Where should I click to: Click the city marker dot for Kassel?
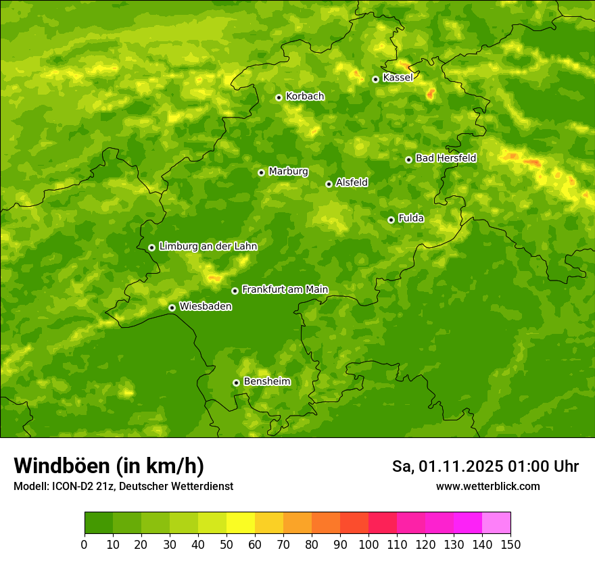click(x=375, y=79)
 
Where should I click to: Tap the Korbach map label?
click(x=305, y=97)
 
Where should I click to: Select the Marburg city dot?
click(x=261, y=172)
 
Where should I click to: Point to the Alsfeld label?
click(x=352, y=182)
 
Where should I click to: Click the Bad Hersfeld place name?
click(x=446, y=158)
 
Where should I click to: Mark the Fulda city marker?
click(x=391, y=220)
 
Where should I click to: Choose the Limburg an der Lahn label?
click(x=208, y=247)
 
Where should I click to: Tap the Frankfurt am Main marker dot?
click(x=235, y=291)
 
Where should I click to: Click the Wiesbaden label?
click(x=206, y=306)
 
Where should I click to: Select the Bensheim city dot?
click(x=236, y=383)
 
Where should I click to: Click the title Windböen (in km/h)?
click(x=109, y=466)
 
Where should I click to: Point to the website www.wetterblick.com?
click(x=488, y=486)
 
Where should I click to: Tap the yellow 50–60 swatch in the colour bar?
click(x=241, y=523)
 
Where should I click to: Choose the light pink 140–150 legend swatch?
click(x=496, y=523)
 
